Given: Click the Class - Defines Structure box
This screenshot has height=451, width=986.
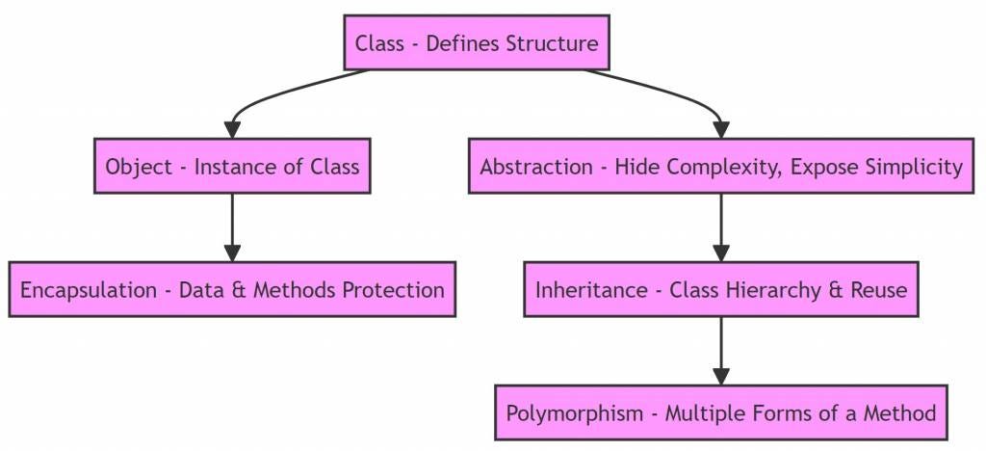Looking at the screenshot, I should [477, 43].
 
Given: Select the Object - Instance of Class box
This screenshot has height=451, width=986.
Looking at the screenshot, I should [232, 167].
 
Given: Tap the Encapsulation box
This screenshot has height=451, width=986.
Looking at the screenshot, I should [232, 290].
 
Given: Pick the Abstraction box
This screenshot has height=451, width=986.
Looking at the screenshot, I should [721, 167].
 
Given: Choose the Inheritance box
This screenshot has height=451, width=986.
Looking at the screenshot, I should [721, 290].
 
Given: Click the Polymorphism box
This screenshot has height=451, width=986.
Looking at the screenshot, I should [721, 413].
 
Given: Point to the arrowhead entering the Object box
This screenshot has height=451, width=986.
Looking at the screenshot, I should [232, 130].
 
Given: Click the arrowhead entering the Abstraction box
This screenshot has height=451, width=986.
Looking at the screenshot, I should [721, 130].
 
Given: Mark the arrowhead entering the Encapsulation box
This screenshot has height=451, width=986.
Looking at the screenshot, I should [232, 253].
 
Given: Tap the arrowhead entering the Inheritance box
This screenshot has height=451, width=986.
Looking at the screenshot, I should [721, 253].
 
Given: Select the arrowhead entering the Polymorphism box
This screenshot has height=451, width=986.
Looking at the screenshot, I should [721, 377].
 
